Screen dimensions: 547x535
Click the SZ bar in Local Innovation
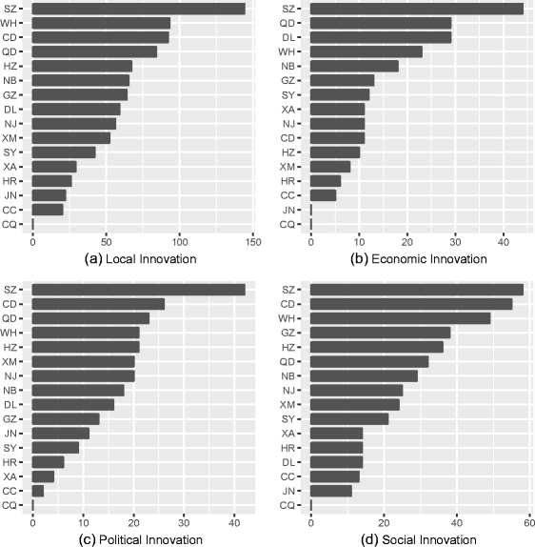[x=139, y=9]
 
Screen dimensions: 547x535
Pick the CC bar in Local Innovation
[x=48, y=209]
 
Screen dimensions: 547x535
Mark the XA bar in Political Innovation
[x=43, y=476]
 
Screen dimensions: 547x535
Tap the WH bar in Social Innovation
[x=401, y=318]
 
